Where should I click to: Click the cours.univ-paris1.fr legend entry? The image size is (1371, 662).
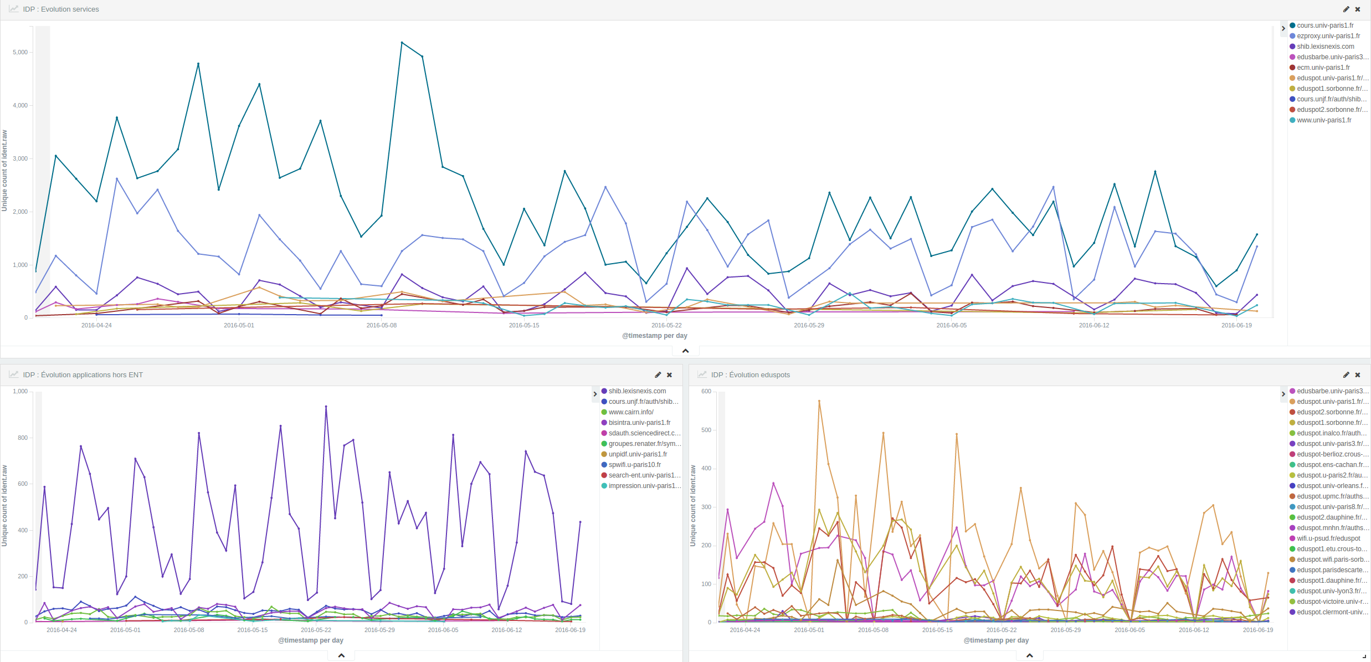(x=1324, y=25)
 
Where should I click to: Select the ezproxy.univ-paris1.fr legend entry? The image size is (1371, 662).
(x=1328, y=36)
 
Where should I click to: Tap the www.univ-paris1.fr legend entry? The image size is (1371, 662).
(x=1323, y=120)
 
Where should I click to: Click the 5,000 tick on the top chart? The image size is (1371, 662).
(x=20, y=53)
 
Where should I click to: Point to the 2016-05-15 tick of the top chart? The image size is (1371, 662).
(x=523, y=325)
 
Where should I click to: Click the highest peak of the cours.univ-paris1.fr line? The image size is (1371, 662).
(x=402, y=43)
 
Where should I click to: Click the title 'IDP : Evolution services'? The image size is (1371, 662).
(x=61, y=9)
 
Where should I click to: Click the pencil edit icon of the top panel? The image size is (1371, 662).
(x=1346, y=9)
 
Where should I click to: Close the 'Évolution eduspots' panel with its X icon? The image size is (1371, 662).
(x=1358, y=375)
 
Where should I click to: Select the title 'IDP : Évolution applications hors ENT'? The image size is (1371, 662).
(x=83, y=375)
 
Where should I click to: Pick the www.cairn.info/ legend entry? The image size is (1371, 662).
(x=630, y=412)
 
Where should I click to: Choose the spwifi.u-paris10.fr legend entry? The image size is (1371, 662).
(x=634, y=465)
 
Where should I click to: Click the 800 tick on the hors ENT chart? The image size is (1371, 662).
(x=22, y=438)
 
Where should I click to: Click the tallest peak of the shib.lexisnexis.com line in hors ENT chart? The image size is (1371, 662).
(x=326, y=407)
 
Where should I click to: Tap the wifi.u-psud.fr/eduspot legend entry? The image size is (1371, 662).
(x=1328, y=538)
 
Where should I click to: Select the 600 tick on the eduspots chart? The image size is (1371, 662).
(x=706, y=392)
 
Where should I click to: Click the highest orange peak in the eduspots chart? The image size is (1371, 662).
(x=819, y=401)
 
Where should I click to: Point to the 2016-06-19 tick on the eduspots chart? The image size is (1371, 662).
(x=1257, y=630)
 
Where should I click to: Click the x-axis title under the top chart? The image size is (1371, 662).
(x=654, y=336)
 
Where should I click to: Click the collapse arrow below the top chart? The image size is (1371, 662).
(x=685, y=351)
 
